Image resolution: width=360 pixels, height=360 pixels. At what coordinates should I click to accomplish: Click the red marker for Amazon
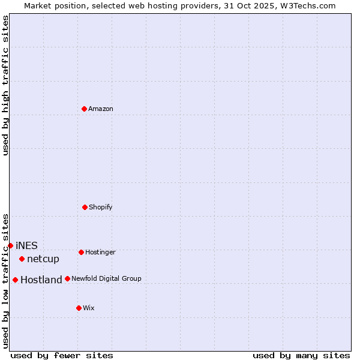[84, 109]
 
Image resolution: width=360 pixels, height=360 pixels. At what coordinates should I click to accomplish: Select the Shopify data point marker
[85, 207]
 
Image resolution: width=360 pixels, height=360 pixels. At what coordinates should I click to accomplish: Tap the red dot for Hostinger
[81, 252]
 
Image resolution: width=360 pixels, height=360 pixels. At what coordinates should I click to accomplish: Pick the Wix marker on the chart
[79, 308]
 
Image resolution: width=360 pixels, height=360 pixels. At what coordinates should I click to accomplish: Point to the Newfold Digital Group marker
[67, 278]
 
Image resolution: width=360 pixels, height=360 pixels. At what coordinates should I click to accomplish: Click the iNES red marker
[10, 245]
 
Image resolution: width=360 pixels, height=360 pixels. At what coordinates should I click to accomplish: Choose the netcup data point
[22, 259]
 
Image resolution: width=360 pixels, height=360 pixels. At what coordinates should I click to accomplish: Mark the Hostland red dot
[15, 280]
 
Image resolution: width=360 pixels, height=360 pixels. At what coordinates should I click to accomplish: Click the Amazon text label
[101, 109]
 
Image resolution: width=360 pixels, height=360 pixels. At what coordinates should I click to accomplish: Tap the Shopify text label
[101, 208]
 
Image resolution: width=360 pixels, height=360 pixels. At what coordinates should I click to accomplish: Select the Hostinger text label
[100, 253]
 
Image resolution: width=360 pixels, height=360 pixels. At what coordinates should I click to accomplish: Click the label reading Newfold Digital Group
[106, 279]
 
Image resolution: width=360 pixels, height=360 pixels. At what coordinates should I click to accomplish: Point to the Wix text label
[89, 308]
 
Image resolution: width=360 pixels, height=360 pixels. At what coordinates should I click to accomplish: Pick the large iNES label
[26, 246]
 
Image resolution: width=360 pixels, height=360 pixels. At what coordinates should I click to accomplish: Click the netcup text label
[43, 259]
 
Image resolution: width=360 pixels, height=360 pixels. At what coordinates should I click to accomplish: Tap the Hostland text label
[41, 280]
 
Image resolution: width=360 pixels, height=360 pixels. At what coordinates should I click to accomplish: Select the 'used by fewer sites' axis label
[62, 355]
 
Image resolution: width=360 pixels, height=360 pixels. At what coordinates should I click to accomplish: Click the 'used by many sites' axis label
[301, 355]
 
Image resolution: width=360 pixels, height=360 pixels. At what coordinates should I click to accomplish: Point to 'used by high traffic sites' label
[6, 85]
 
